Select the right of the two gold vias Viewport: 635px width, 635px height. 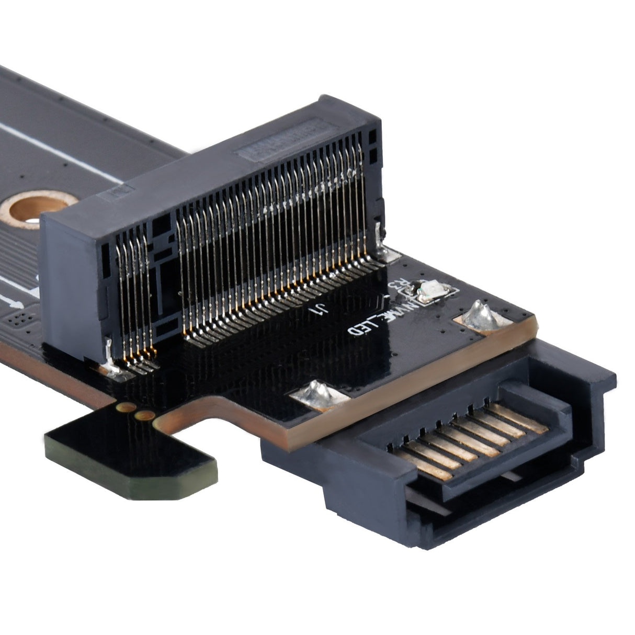click(x=145, y=416)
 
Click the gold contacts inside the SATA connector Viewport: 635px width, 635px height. click(x=466, y=437)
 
